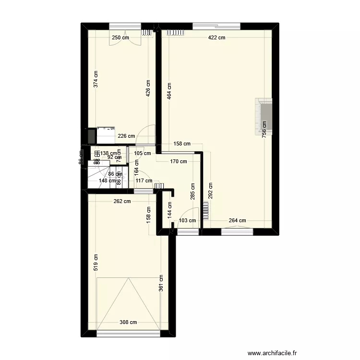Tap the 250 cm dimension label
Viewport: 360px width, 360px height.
point(120,38)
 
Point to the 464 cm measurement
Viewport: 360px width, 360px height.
point(169,91)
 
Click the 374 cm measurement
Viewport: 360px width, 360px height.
point(96,79)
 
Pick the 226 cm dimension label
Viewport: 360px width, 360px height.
point(126,136)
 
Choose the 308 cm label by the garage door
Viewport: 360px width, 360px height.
point(128,323)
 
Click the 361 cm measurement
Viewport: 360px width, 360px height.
point(161,283)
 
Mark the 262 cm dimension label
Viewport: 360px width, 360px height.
point(122,202)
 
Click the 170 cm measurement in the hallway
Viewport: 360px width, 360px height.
point(179,162)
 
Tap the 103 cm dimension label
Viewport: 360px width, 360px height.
point(187,221)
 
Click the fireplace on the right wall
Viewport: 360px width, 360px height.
point(264,115)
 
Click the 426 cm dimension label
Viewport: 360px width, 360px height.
point(148,88)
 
